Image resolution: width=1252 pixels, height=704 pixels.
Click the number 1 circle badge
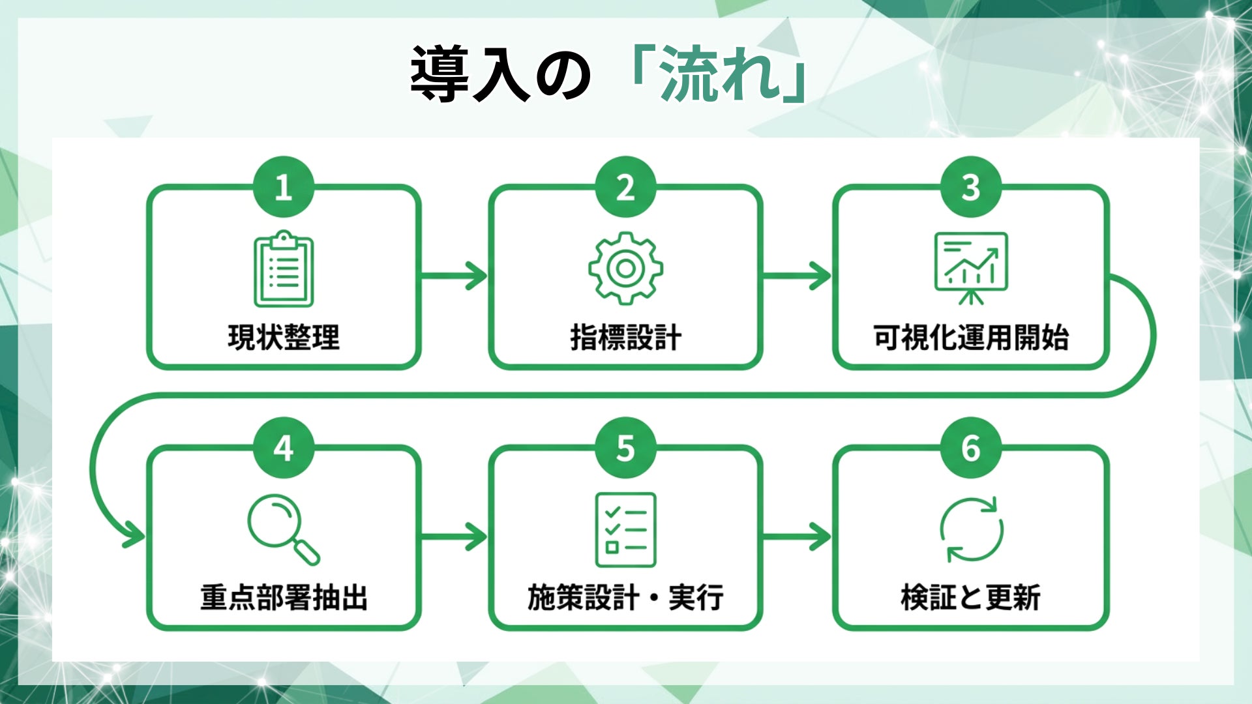[284, 187]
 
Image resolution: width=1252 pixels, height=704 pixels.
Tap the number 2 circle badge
[625, 187]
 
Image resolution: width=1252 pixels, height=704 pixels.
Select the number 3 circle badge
[971, 187]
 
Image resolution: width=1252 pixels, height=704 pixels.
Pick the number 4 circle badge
[284, 448]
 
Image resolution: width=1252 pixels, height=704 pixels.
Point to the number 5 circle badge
[625, 448]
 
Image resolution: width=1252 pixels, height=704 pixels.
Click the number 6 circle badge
[971, 448]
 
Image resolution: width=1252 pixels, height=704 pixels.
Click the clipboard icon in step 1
[284, 269]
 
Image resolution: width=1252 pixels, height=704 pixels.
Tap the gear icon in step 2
[625, 269]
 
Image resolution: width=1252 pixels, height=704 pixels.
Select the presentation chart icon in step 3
[971, 267]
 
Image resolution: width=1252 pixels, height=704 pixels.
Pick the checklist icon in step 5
[625, 529]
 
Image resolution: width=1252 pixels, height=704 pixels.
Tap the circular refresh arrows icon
[971, 529]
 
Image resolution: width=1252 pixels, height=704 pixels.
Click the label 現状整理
[284, 337]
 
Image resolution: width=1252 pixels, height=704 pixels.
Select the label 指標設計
[625, 337]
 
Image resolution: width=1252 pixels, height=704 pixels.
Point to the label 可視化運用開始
[971, 337]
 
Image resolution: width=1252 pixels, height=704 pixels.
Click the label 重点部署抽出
[284, 597]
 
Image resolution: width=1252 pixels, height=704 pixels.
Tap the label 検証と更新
[971, 597]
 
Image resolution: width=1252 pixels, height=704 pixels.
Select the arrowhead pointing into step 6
[820, 536]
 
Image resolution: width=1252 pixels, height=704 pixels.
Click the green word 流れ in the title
[720, 74]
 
